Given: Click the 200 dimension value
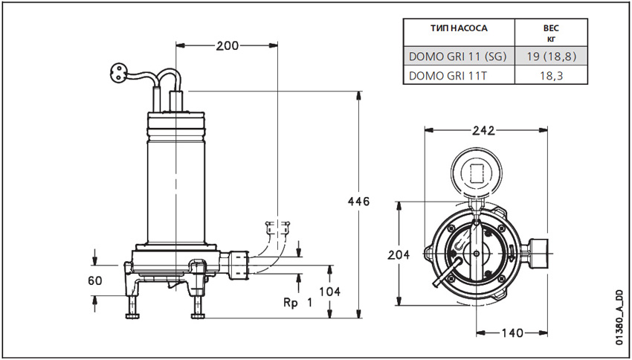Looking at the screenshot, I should coord(228,45).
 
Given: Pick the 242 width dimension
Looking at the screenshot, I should coord(484,129).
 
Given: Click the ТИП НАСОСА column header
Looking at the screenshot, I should coord(459,29).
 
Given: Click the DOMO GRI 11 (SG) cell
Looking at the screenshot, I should coord(458,56).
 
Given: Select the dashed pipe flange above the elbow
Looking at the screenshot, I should coord(277,224).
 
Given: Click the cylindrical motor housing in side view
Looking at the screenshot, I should coord(175,186).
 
